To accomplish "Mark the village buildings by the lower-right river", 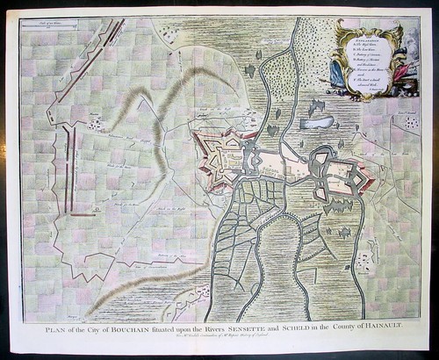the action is tap(363, 259).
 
